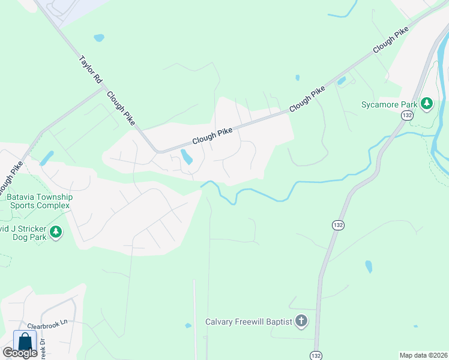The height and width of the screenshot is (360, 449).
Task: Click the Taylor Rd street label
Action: (89, 70)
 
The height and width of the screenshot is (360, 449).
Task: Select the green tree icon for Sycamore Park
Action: (427, 104)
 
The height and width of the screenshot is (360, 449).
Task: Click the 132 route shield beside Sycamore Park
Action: (408, 115)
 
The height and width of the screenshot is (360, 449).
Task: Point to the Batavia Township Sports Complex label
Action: (39, 201)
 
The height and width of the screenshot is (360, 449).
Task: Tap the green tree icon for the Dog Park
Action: (56, 232)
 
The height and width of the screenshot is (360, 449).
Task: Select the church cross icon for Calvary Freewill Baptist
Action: (301, 322)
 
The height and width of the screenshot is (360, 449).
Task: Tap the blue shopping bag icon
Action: (25, 341)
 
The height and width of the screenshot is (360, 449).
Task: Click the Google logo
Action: (20, 353)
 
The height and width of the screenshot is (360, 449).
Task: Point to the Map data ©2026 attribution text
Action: (424, 355)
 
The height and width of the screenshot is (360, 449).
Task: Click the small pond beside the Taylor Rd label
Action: (99, 37)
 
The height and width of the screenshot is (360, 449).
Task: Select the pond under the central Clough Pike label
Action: (187, 157)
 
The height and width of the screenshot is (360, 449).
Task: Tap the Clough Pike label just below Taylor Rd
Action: (121, 108)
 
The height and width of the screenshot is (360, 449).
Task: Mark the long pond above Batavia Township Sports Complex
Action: (46, 158)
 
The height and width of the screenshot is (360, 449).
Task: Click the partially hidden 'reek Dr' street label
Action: (43, 349)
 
